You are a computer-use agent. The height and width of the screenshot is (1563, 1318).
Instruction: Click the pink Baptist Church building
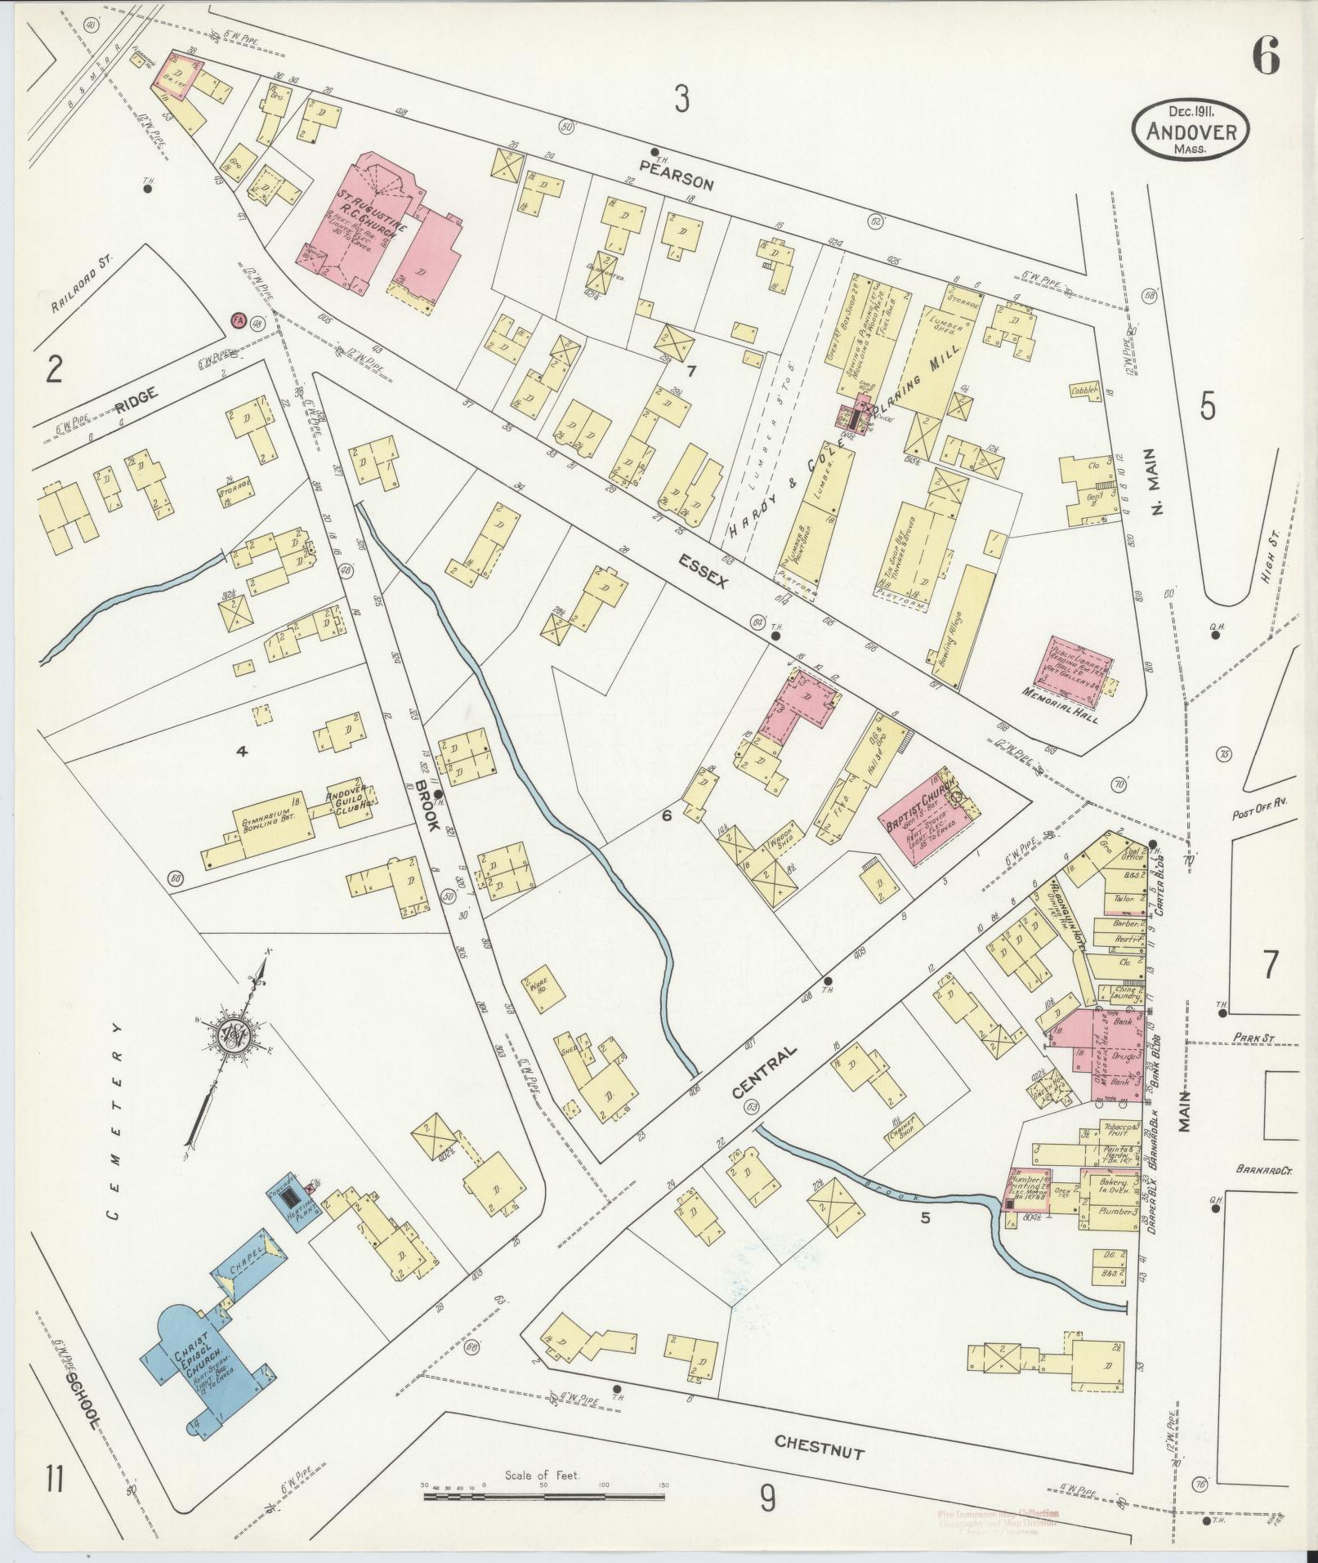pos(917,817)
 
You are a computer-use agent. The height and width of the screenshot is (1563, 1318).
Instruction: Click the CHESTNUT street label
pos(819,1447)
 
